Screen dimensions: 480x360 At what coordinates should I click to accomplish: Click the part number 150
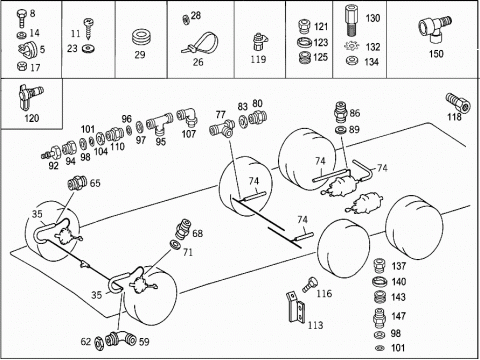tap(436, 54)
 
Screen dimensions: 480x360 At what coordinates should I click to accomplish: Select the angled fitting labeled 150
tap(435, 29)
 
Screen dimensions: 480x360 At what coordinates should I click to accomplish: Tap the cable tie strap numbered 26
tap(200, 44)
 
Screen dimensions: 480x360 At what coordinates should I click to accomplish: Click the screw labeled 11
tap(89, 28)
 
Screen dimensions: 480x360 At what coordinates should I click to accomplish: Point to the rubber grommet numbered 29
tap(140, 37)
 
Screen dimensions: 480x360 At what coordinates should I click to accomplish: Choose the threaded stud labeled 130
tap(352, 20)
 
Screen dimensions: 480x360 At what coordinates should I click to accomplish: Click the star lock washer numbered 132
tap(351, 46)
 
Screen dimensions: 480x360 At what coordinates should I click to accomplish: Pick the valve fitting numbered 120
tap(31, 97)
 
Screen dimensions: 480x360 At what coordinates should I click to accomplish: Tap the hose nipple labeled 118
tap(458, 102)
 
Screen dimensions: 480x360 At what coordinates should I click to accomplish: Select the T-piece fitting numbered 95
tap(159, 123)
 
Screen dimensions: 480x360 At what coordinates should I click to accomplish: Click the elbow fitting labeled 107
tap(187, 117)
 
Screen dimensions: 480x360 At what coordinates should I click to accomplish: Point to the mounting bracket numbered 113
tap(296, 307)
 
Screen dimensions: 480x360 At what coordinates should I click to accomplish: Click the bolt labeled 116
tap(309, 284)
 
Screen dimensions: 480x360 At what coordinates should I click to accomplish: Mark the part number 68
tap(198, 233)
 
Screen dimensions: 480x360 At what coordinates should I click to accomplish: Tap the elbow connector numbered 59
tap(121, 339)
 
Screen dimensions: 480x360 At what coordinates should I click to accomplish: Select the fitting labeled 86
tap(341, 113)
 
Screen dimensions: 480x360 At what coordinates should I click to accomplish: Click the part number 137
tap(399, 266)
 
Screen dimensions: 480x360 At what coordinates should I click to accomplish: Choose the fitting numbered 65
tap(77, 183)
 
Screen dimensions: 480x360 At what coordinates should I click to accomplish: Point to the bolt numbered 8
tap(21, 18)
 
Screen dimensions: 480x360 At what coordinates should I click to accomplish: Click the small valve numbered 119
tap(259, 42)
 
